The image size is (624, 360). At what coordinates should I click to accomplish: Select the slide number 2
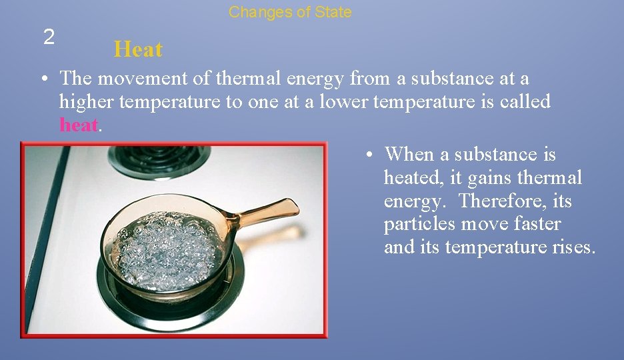pyautogui.click(x=49, y=37)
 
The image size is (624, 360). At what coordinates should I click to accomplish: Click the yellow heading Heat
pyautogui.click(x=138, y=49)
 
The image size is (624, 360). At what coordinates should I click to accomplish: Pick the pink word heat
pyautogui.click(x=79, y=125)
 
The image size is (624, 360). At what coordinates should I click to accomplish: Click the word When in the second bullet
pyautogui.click(x=409, y=155)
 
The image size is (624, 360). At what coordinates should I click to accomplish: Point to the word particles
pyautogui.click(x=418, y=224)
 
